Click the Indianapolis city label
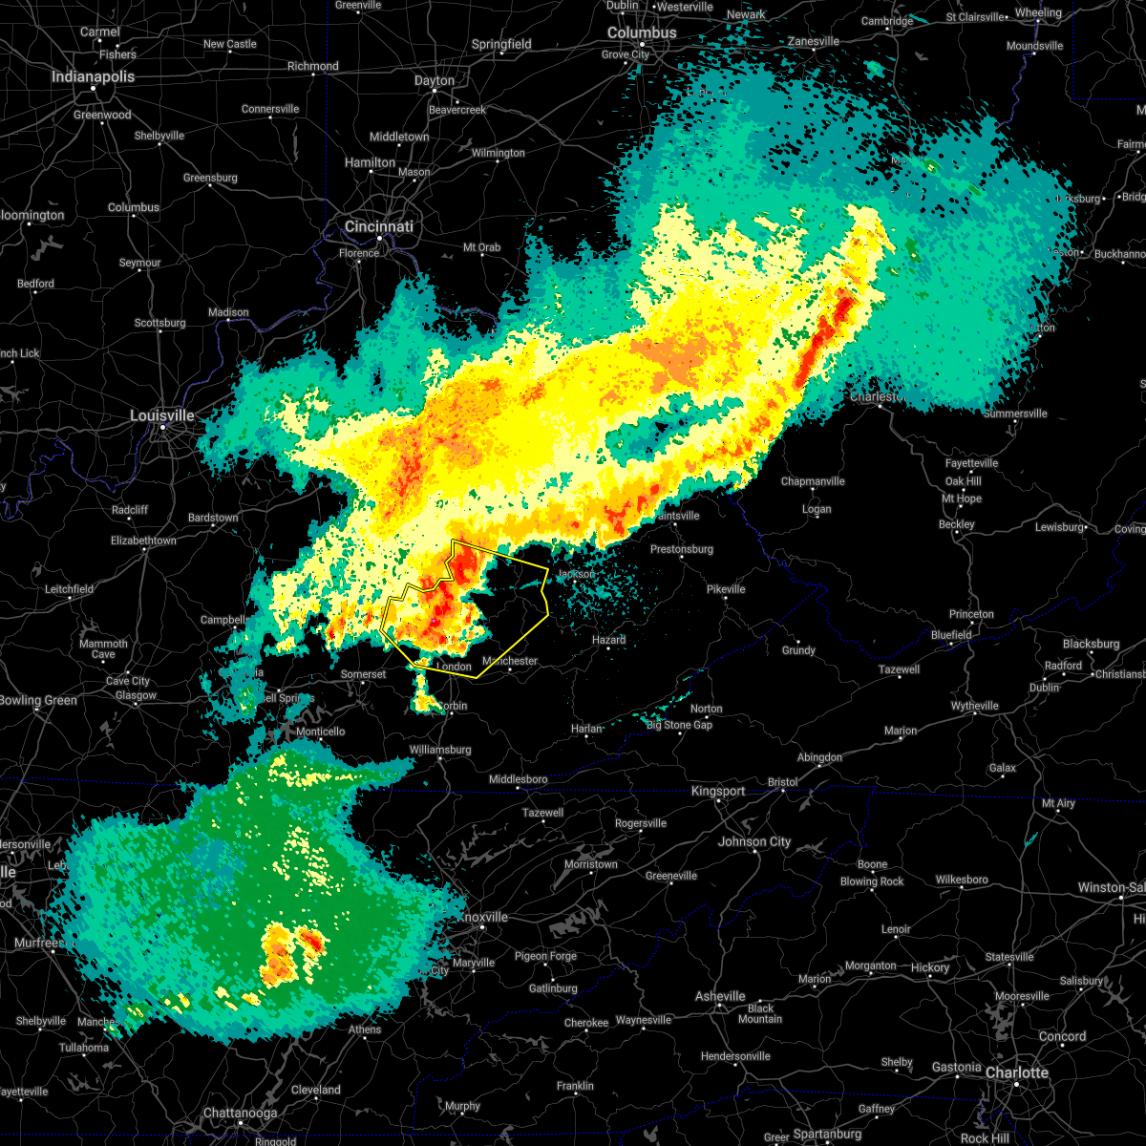(x=93, y=76)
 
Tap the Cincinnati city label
(x=379, y=226)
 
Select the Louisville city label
(x=162, y=415)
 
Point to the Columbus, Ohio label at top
(x=643, y=32)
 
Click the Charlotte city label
(x=1017, y=1072)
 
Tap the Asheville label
(x=720, y=996)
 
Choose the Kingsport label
(x=718, y=791)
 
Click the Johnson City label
(x=754, y=841)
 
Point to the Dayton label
(x=435, y=80)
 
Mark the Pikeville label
(x=726, y=589)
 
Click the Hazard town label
(x=608, y=640)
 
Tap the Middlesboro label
(x=519, y=779)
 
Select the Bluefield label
(x=951, y=635)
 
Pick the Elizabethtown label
(x=143, y=541)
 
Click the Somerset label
(x=364, y=674)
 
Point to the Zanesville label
(x=814, y=42)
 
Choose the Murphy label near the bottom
(x=462, y=1106)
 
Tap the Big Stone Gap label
(x=679, y=725)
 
